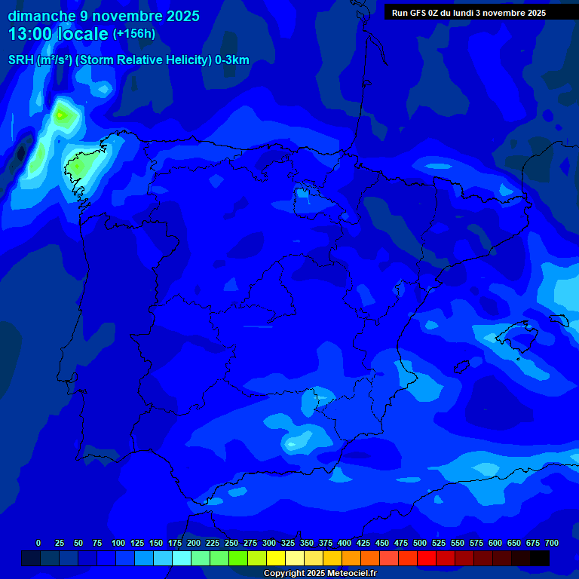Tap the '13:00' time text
[x=31, y=34]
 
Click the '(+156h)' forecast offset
[x=134, y=34]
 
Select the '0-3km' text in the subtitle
[x=232, y=60]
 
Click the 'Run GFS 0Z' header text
[x=418, y=13]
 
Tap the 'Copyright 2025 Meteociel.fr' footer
[x=320, y=574]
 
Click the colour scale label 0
[x=38, y=543]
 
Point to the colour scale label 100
[x=118, y=543]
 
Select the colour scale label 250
[x=231, y=543]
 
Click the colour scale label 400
[x=345, y=543]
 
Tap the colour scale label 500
[x=420, y=543]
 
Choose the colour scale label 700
[x=552, y=543]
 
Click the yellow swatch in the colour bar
[x=276, y=558]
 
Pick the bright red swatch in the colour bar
[x=427, y=558]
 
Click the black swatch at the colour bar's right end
[x=540, y=558]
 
